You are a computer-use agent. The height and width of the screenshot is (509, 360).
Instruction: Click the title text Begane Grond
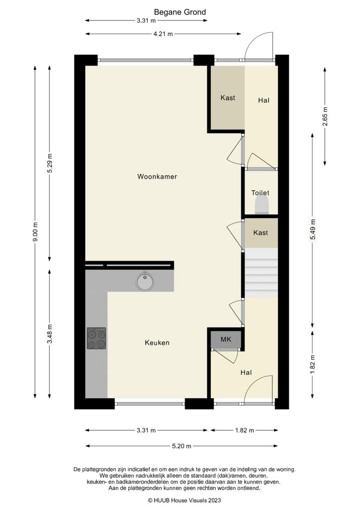click(180, 12)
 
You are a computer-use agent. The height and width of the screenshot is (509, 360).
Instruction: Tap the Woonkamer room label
click(158, 176)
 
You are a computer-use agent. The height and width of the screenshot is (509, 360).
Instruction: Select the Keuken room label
click(157, 343)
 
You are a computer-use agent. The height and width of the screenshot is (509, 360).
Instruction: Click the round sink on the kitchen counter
click(145, 281)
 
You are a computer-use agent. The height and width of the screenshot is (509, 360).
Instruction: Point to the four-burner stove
click(96, 338)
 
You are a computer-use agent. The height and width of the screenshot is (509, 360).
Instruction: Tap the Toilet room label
click(260, 192)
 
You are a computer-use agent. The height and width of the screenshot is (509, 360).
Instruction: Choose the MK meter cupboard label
click(226, 340)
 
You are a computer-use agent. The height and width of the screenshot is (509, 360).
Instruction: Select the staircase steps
click(261, 273)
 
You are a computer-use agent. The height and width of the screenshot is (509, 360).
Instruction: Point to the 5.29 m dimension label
click(50, 163)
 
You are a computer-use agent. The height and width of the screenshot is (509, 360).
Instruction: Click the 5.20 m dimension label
click(181, 446)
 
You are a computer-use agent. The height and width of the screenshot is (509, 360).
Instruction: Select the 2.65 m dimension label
click(325, 117)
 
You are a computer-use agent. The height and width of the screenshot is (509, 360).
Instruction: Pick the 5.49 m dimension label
click(312, 230)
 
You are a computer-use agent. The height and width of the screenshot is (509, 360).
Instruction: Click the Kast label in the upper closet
click(228, 98)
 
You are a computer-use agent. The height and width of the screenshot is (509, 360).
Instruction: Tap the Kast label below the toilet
click(261, 233)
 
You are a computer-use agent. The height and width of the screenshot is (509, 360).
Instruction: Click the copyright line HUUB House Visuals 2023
click(180, 500)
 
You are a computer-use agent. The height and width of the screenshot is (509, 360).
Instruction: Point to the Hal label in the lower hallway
click(246, 372)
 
